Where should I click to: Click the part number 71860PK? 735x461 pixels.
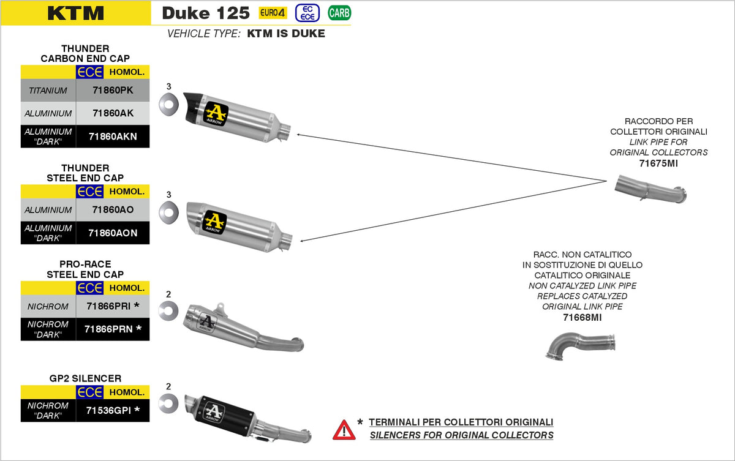(x=113, y=91)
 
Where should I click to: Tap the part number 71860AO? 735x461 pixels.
(x=113, y=210)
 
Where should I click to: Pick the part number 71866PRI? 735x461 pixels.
(x=113, y=305)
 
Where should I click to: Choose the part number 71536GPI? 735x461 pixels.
(x=113, y=410)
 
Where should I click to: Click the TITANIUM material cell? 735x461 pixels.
(x=48, y=91)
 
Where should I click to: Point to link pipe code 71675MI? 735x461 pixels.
(x=658, y=163)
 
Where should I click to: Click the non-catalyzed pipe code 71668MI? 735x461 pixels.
(x=582, y=318)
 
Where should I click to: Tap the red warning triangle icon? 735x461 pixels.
(x=344, y=429)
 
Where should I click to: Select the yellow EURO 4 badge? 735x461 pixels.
(x=273, y=13)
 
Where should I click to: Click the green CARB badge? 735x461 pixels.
(x=339, y=13)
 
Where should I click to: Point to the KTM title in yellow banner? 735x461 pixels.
(x=75, y=13)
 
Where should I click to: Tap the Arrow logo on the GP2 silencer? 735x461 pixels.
(x=214, y=411)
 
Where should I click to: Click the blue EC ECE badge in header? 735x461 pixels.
(x=308, y=13)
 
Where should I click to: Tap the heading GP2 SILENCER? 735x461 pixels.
(x=85, y=378)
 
